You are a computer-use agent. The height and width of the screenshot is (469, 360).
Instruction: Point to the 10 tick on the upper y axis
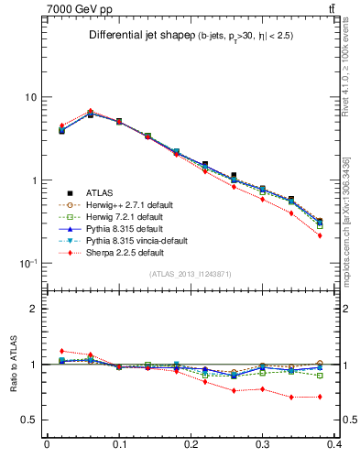point(30,97)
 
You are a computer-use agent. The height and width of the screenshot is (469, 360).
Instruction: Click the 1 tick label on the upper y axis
point(34,180)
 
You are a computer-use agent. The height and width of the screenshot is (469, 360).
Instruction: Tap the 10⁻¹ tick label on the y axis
point(28,264)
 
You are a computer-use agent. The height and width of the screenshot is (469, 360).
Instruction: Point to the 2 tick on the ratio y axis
point(34,309)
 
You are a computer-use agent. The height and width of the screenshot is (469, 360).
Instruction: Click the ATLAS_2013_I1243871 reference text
point(191,275)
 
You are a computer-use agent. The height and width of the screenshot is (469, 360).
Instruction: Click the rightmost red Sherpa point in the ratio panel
point(345,397)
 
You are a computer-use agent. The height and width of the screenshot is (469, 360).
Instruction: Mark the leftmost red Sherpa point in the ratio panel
point(61,351)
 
